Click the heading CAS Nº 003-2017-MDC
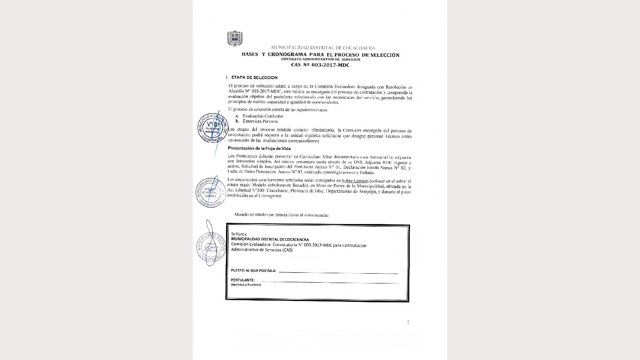pos(320,65)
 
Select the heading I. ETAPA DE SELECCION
pos(252,78)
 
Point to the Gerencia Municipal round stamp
pos(212,128)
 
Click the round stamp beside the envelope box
pos(211,247)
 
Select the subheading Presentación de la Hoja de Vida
pos(259,148)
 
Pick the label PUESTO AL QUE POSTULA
pos(253,271)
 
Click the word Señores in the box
pos(239,234)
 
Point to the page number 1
pos(408,322)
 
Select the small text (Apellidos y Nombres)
pos(246,285)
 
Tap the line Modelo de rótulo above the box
pos(282,215)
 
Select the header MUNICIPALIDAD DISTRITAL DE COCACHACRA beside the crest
pos(323,48)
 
